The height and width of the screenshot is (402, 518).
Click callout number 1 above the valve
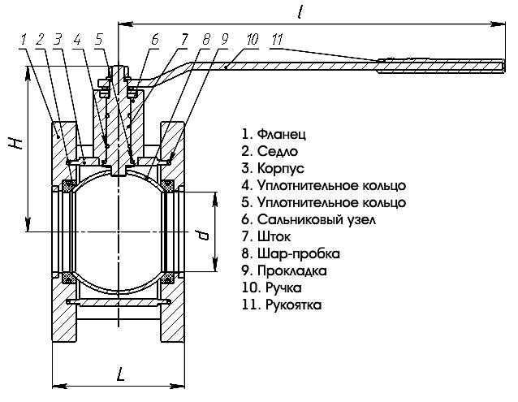tap(24, 38)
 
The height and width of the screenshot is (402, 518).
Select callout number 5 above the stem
tap(98, 38)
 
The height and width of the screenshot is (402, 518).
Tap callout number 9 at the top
tap(224, 38)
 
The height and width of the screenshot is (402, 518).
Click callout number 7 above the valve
tap(185, 38)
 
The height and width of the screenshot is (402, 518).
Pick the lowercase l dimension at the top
tap(303, 12)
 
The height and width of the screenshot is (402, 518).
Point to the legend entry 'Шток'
tap(269, 236)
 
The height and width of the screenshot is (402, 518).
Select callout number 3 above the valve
tap(58, 38)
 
